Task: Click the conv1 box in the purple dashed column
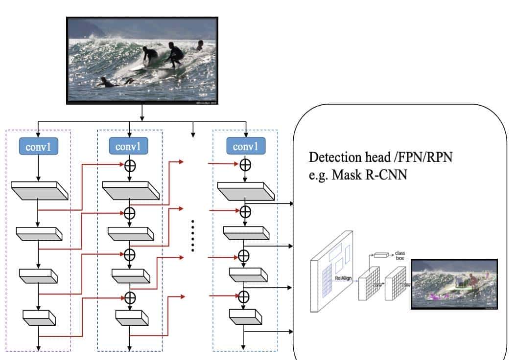click(x=38, y=146)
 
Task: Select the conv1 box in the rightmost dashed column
click(x=245, y=146)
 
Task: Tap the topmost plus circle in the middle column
click(x=130, y=164)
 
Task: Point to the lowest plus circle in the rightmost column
click(x=243, y=296)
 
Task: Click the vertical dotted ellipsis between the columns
click(x=193, y=236)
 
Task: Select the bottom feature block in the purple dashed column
click(x=39, y=318)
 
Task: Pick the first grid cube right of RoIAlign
click(x=369, y=285)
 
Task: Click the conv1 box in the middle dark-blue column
click(x=130, y=146)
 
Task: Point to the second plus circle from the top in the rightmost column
click(x=243, y=211)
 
